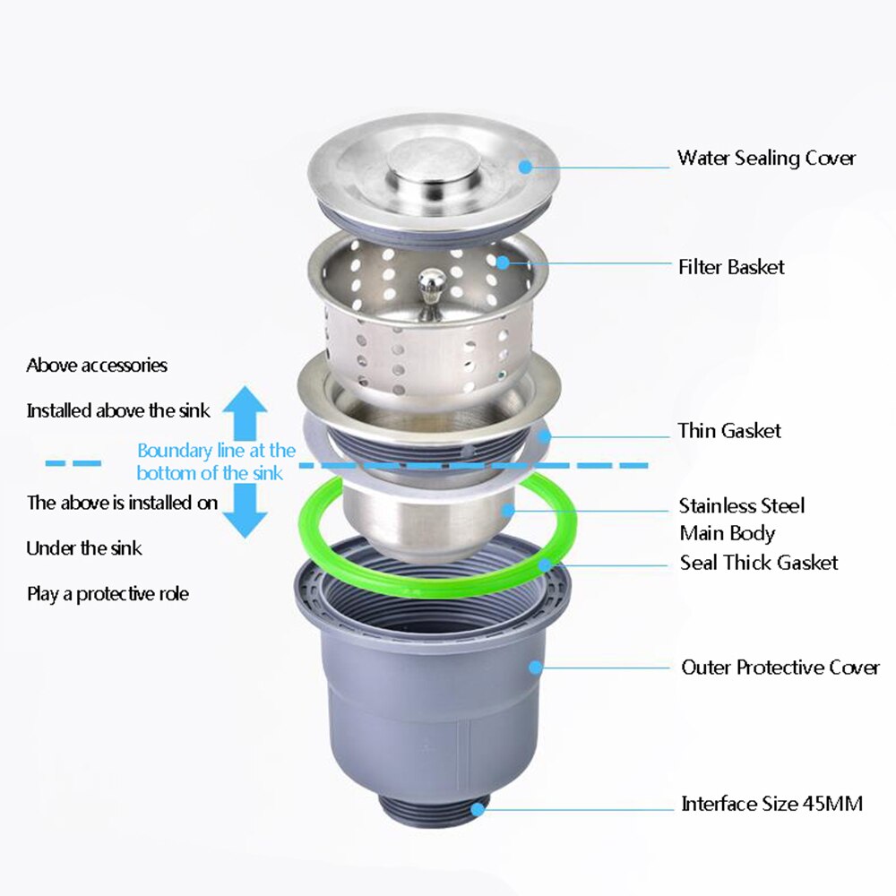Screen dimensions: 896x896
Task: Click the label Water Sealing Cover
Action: click(766, 159)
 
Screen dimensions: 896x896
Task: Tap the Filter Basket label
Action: click(731, 267)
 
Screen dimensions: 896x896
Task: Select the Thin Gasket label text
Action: click(729, 430)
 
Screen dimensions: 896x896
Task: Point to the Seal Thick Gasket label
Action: click(759, 563)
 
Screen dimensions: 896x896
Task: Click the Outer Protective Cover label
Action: click(780, 667)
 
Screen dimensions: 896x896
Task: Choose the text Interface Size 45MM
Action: click(771, 804)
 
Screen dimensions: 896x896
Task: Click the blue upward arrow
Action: click(245, 412)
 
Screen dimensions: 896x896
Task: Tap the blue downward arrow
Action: click(245, 511)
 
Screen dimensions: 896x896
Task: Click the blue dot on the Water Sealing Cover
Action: click(525, 167)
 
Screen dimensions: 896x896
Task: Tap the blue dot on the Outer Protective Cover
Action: click(535, 667)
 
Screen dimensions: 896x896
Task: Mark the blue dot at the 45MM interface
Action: click(478, 808)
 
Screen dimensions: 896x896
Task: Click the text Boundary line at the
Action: click(217, 451)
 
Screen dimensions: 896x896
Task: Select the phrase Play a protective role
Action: click(108, 594)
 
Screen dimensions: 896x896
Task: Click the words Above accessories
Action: click(97, 366)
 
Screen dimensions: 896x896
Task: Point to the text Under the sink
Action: click(84, 548)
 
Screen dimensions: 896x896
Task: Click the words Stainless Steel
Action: click(742, 505)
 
